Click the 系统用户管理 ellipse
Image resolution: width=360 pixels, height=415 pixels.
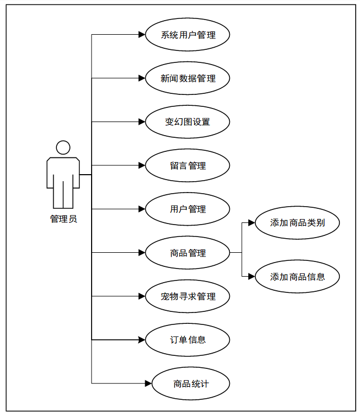click(188, 35)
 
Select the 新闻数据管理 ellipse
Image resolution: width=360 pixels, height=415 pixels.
click(188, 79)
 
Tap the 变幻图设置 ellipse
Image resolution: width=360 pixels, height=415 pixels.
click(188, 122)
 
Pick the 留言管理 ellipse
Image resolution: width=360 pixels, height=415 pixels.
click(188, 165)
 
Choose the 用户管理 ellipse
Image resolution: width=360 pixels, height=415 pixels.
click(188, 209)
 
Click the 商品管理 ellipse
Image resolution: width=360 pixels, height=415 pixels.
click(188, 253)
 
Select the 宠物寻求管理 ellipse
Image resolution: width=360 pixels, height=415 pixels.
click(188, 296)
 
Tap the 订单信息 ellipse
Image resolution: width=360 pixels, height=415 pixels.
click(188, 340)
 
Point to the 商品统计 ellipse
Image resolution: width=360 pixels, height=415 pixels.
click(191, 384)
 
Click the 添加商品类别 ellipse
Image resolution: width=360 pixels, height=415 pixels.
click(297, 222)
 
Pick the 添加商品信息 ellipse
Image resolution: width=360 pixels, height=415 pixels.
click(297, 276)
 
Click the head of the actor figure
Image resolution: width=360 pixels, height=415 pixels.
click(63, 148)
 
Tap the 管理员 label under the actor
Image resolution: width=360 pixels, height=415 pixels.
click(63, 219)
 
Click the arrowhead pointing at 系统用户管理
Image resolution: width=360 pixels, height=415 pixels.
click(142, 35)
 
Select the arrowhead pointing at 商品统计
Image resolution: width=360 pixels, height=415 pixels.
click(147, 384)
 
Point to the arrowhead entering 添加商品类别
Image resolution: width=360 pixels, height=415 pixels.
click(252, 222)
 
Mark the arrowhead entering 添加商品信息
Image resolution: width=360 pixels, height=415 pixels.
click(252, 276)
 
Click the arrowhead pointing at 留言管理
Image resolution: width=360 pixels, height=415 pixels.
click(142, 165)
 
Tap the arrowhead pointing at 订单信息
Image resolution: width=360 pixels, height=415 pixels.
click(142, 340)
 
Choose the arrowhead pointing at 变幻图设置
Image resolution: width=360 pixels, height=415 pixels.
click(142, 122)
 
